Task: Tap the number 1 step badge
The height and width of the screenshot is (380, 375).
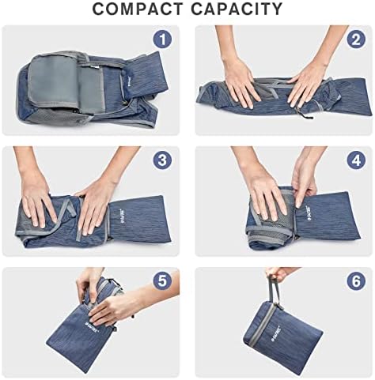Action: click(x=162, y=40)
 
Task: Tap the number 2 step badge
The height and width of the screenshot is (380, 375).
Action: click(x=355, y=40)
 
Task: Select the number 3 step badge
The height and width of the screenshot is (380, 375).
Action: click(x=162, y=160)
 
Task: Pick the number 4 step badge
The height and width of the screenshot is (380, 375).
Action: click(x=355, y=160)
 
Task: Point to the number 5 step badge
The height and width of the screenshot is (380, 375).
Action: click(x=162, y=280)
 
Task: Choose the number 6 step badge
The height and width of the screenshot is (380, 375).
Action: click(x=355, y=280)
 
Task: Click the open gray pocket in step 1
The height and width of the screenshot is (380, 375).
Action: click(x=54, y=81)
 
